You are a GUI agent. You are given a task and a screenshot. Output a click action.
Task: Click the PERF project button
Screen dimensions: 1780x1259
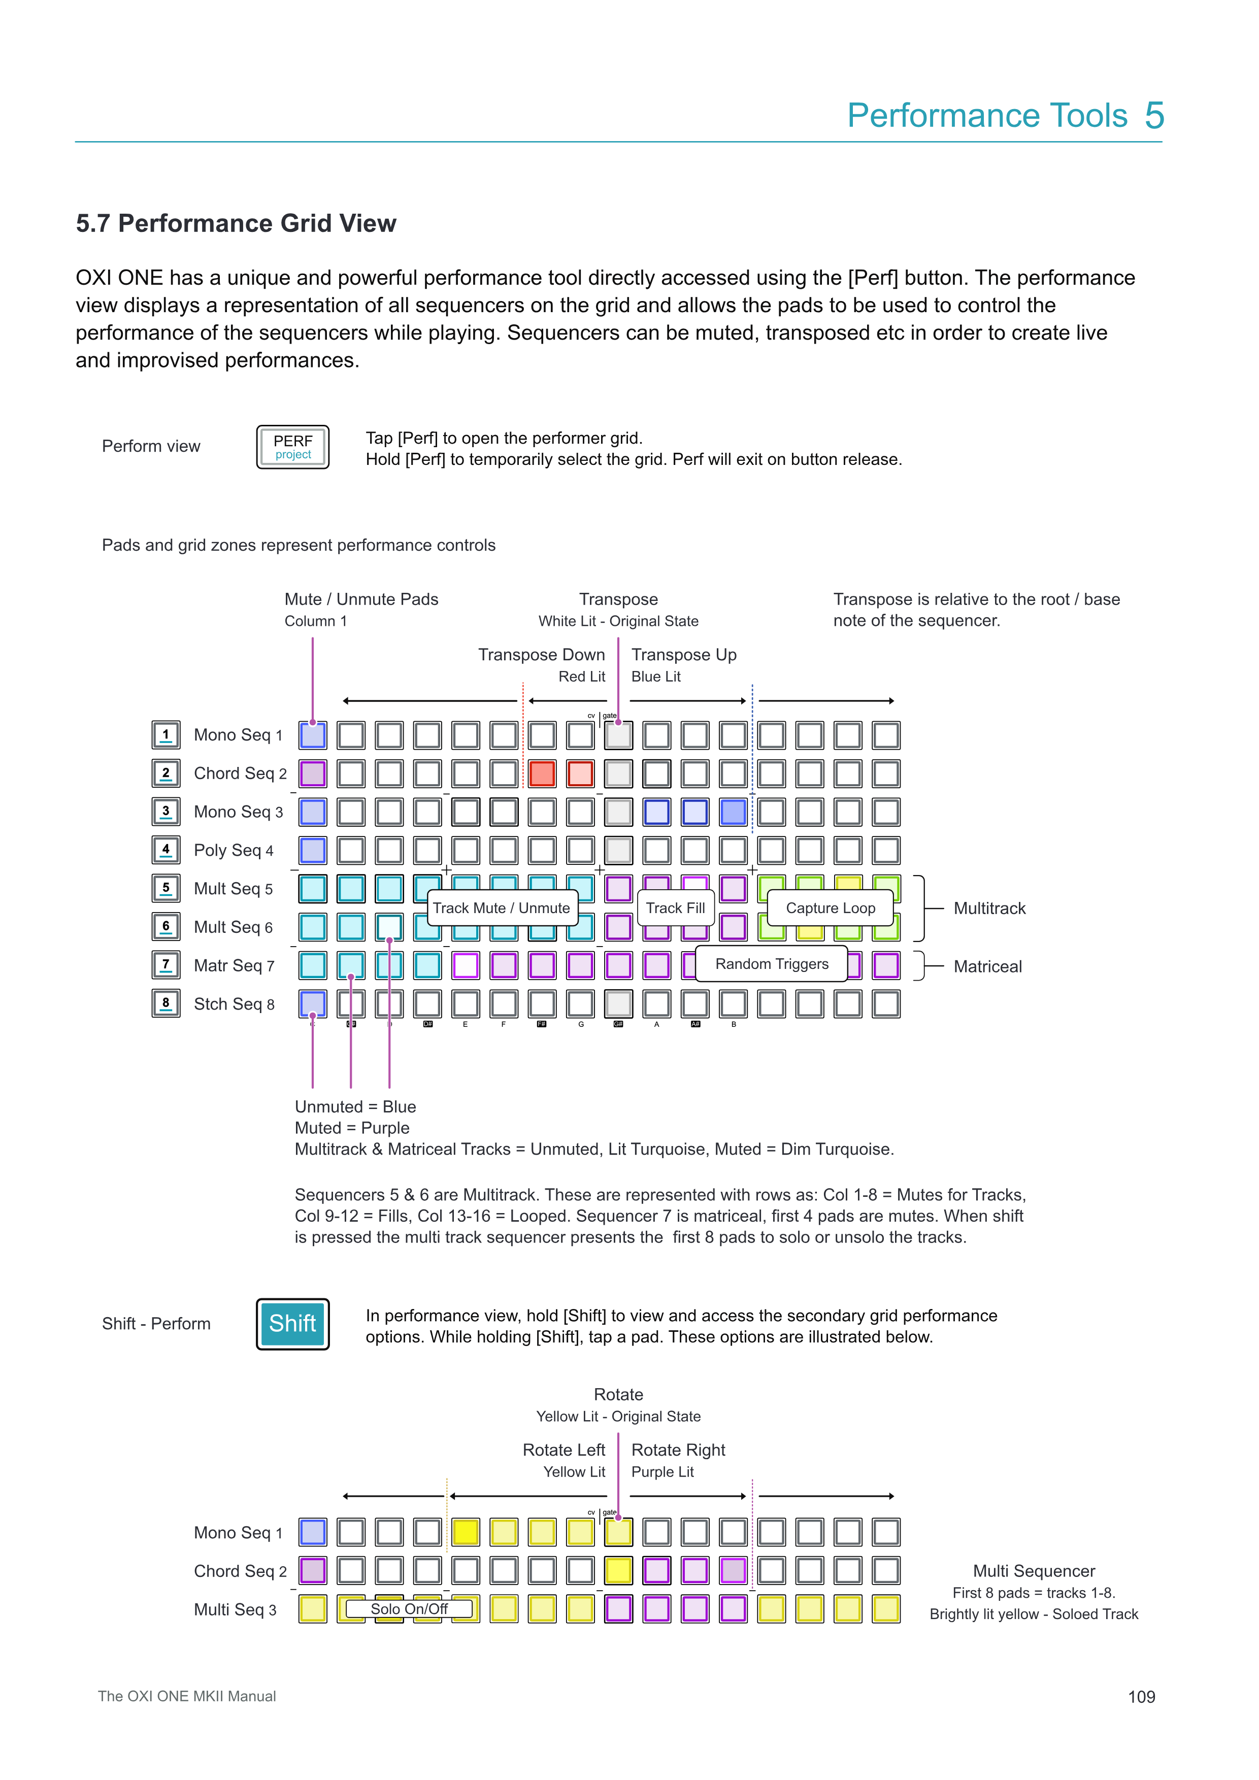[x=292, y=447]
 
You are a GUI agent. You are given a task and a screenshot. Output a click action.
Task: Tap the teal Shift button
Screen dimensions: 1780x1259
[x=292, y=1323]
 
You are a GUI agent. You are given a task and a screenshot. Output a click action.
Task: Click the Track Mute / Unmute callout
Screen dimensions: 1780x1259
[x=501, y=908]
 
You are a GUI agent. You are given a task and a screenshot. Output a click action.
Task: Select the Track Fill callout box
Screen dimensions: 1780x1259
[x=675, y=908]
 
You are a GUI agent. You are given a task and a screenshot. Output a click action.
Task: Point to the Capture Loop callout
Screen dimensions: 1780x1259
[x=831, y=908]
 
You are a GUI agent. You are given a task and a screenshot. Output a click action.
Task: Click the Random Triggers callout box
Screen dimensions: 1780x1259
[x=771, y=964]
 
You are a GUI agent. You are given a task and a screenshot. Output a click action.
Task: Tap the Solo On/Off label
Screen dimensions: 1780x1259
[x=409, y=1608]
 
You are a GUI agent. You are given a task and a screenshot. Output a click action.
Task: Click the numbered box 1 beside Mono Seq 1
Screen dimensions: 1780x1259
[x=166, y=734]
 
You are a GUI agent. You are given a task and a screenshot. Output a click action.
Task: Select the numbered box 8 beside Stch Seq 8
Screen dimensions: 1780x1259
[x=166, y=1003]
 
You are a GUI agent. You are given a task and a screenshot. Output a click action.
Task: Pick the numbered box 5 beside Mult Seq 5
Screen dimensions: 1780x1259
[x=166, y=888]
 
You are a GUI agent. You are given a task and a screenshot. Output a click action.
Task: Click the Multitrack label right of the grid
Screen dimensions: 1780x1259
[x=989, y=909]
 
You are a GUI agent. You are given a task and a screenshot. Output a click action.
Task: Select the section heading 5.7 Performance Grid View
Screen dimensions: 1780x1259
[x=236, y=223]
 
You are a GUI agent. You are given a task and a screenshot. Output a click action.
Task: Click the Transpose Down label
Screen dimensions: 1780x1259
[x=541, y=655]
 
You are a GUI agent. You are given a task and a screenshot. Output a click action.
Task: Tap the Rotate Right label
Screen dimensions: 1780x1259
[x=678, y=1450]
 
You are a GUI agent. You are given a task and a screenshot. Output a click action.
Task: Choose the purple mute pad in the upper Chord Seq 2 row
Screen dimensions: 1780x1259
[x=312, y=774]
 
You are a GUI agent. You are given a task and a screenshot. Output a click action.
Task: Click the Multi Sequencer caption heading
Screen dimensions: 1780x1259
[x=1034, y=1571]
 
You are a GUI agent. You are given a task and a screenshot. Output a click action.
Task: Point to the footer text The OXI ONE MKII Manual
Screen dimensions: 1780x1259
[x=187, y=1696]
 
